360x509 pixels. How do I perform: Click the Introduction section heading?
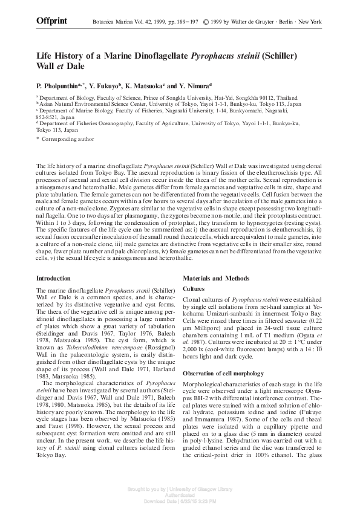[53, 278]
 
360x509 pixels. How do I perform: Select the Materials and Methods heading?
[216, 278]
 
